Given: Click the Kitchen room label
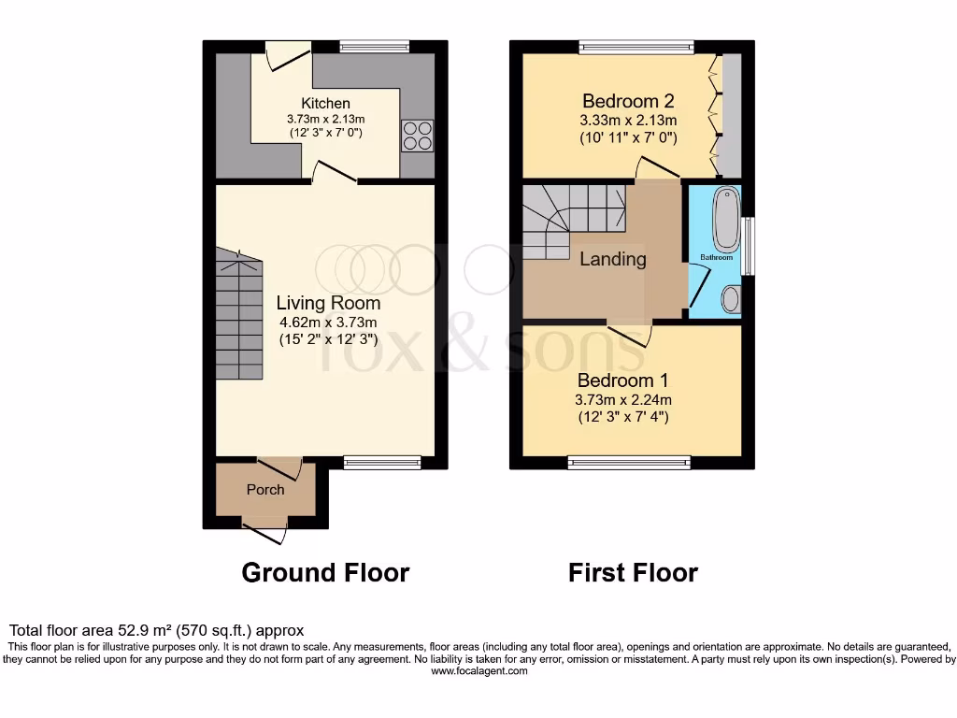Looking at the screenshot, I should [325, 103].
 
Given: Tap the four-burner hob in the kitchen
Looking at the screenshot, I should [416, 136].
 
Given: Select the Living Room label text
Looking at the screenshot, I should [328, 303].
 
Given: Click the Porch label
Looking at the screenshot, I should [265, 489].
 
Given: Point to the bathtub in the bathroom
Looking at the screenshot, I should [726, 218].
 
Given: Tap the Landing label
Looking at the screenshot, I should [612, 259].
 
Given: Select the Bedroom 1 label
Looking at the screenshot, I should [622, 381].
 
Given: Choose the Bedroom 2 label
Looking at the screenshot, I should [628, 101].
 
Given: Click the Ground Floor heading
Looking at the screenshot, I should [325, 572].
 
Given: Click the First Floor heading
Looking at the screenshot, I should [633, 572].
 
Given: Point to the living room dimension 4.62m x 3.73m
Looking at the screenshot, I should [328, 323].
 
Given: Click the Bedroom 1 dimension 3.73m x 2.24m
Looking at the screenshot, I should [622, 399].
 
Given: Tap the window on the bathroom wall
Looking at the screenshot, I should [747, 246].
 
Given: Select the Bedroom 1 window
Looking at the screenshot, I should [630, 462].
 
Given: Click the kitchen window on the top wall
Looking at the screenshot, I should [374, 46].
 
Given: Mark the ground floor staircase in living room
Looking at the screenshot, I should [238, 318].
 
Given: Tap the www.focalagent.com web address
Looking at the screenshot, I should [478, 670].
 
